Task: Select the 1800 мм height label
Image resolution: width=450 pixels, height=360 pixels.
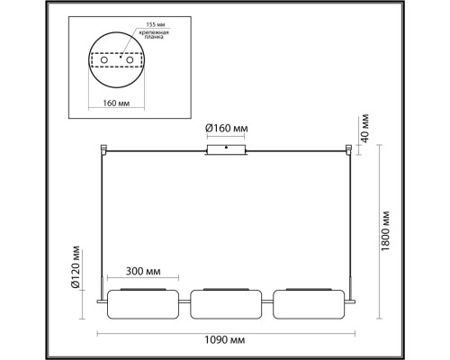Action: pos(385,232)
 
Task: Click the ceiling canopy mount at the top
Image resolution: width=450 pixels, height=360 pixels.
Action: pos(225,148)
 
